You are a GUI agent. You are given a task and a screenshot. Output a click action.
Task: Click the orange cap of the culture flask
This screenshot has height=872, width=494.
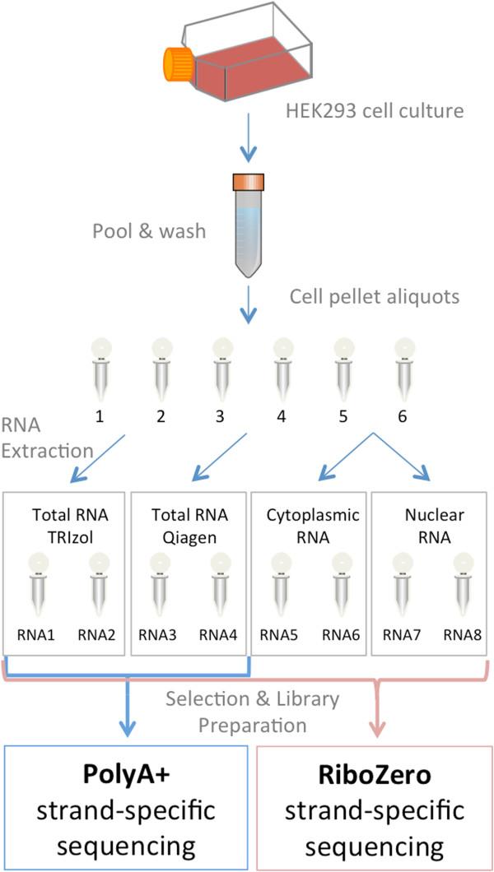[177, 65]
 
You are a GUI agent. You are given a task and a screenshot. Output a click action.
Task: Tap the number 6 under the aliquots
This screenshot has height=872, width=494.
[402, 417]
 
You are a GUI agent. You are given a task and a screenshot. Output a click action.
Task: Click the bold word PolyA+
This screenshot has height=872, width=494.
[128, 774]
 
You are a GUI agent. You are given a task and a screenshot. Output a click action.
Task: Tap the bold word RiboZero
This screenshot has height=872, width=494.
[375, 774]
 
